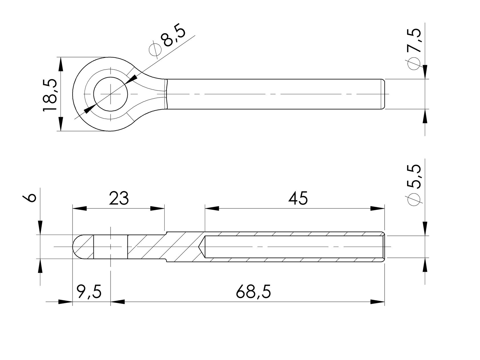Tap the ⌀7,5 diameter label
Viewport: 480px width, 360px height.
[x=415, y=49]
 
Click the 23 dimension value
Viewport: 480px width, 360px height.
[x=119, y=198]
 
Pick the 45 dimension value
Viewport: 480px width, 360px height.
[x=298, y=198]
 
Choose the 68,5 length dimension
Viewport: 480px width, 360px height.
[x=253, y=292]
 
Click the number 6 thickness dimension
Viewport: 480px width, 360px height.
[x=31, y=198]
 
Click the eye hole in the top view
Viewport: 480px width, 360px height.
[x=111, y=94]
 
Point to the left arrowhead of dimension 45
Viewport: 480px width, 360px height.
[x=212, y=208]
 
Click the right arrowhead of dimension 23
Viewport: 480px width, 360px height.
[x=158, y=208]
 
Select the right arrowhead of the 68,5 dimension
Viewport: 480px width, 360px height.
[x=377, y=302]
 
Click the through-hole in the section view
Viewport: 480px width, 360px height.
[x=111, y=247]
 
